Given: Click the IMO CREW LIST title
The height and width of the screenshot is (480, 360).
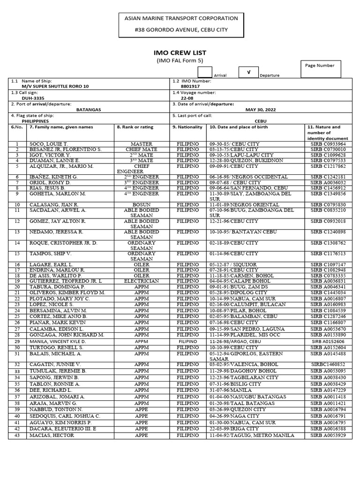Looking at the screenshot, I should [x=180, y=53].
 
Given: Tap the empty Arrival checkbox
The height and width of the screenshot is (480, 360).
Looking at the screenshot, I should [x=205, y=72].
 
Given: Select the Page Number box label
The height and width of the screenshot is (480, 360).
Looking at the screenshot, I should [x=320, y=66].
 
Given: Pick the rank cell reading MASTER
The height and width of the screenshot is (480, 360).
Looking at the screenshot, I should [x=142, y=143].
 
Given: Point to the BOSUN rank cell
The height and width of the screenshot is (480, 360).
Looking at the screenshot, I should [x=142, y=204].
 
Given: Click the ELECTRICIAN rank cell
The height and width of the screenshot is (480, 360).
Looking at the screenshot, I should [x=142, y=281].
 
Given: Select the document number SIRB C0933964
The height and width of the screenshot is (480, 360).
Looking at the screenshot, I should [x=328, y=143].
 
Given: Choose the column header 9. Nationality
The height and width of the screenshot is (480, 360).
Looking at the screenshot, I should [x=187, y=127].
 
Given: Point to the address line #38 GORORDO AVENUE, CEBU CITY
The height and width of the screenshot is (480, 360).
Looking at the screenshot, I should [x=180, y=29].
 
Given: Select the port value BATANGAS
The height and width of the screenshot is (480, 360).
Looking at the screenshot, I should [x=89, y=110].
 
